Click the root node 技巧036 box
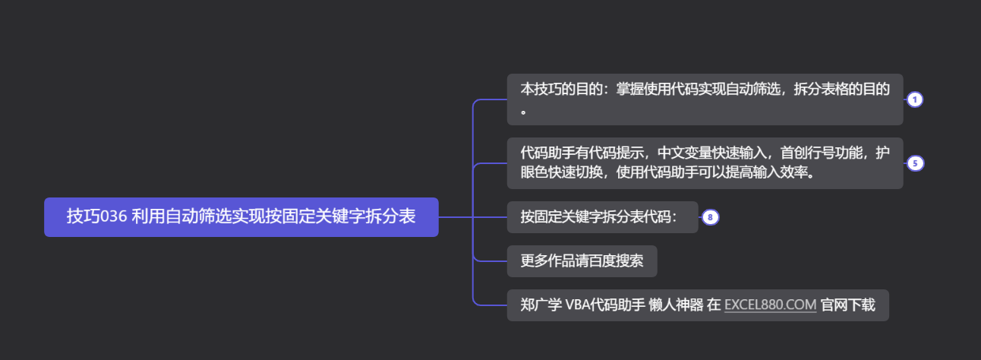(241, 217)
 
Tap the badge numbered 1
(914, 100)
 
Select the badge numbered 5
(914, 163)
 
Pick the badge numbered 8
(710, 217)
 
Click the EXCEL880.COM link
(770, 305)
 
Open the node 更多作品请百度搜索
(582, 261)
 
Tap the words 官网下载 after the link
(848, 305)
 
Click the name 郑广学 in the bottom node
(541, 305)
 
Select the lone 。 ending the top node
(523, 111)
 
